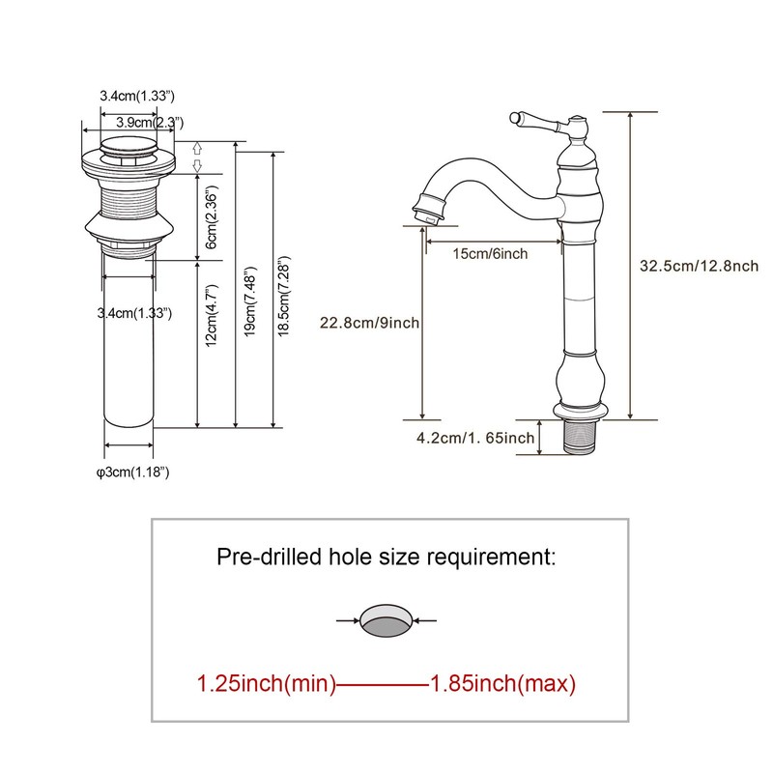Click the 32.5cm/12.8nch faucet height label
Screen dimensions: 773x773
pyautogui.click(x=699, y=267)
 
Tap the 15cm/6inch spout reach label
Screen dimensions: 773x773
pyautogui.click(x=490, y=254)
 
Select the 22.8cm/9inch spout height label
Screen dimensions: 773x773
pyautogui.click(x=369, y=323)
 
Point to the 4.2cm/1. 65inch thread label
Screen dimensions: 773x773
pyautogui.click(x=475, y=438)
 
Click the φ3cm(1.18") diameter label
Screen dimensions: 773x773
pyautogui.click(x=133, y=472)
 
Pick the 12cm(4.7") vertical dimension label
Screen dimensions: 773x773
pyautogui.click(x=211, y=316)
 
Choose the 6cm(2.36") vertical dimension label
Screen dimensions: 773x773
pyautogui.click(x=211, y=217)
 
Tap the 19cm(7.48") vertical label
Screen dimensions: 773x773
pyautogui.click(x=250, y=301)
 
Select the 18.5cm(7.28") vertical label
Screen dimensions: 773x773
pyautogui.click(x=284, y=297)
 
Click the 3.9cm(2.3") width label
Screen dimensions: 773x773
pyautogui.click(x=150, y=122)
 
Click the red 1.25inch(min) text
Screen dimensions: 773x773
pyautogui.click(x=267, y=684)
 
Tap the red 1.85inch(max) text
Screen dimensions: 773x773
pyautogui.click(x=502, y=684)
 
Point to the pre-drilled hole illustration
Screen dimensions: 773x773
pyautogui.click(x=386, y=620)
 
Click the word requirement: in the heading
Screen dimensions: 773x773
pyautogui.click(x=491, y=558)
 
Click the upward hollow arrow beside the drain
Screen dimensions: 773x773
pyautogui.click(x=197, y=148)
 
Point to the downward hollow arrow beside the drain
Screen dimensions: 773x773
pyautogui.click(x=197, y=165)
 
